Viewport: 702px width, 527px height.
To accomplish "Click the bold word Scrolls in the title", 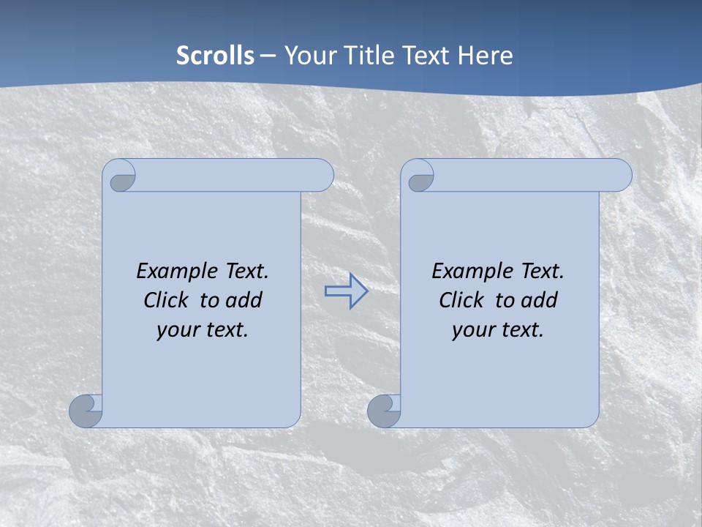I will coord(215,56).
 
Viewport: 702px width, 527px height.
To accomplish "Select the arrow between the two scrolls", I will coord(346,291).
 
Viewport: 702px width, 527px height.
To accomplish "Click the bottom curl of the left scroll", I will coord(86,411).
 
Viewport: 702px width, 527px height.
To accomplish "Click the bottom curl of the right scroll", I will coord(383,411).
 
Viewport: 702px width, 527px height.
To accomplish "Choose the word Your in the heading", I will coord(309,56).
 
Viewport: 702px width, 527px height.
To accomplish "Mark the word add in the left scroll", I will coord(243,300).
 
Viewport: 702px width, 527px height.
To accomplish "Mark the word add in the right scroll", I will coord(538,300).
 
